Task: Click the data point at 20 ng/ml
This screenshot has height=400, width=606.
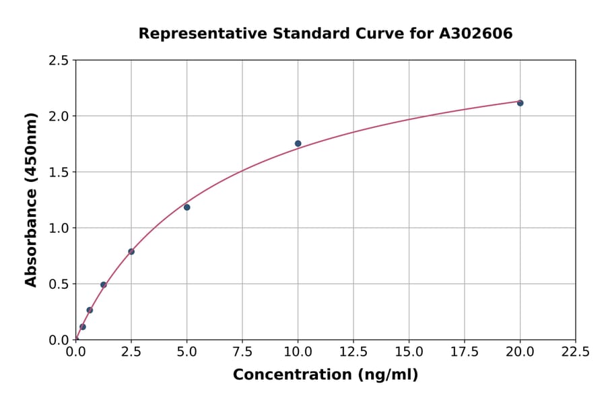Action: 520,103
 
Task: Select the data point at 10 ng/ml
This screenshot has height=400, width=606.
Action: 298,143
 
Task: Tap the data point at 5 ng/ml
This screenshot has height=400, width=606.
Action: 187,207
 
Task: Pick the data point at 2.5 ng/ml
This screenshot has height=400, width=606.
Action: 131,252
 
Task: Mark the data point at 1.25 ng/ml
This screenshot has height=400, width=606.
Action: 104,285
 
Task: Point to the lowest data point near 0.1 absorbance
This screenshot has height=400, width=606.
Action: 83,327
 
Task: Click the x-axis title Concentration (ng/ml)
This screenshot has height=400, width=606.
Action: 325,375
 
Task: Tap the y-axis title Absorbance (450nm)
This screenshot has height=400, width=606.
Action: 31,199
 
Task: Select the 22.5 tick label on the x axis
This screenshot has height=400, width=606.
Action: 576,352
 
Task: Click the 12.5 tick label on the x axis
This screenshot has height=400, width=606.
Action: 353,352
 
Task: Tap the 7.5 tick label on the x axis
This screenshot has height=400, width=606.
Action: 242,352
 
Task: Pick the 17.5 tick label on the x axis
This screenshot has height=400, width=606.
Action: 465,352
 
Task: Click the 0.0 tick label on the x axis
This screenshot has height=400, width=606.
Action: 76,352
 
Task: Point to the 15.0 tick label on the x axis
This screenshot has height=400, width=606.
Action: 409,352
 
